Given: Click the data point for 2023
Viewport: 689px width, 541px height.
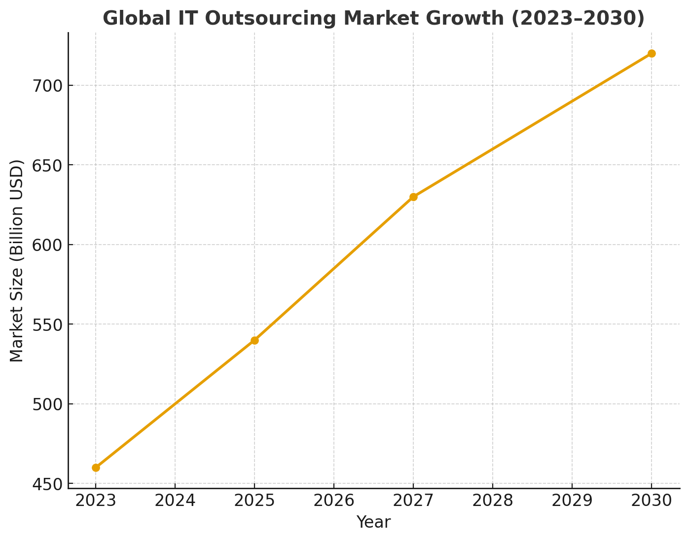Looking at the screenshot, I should (96, 468).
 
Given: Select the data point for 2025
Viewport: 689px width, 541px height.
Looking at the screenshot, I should (254, 340).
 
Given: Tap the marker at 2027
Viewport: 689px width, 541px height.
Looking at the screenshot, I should (413, 197).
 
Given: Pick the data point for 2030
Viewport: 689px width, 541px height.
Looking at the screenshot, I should (652, 53).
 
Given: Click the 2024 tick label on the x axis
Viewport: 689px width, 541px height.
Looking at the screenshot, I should (175, 501).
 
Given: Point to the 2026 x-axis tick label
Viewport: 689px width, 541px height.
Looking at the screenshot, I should (334, 501).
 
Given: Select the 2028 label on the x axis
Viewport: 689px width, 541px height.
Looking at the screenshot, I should (493, 501).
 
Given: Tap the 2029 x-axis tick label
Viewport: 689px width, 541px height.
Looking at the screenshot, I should (572, 501).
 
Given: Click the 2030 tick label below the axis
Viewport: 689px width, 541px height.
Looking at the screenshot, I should (652, 501).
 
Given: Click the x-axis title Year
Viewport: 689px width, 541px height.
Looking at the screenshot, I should (373, 522).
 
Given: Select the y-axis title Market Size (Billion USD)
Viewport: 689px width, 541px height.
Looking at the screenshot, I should (17, 260).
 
